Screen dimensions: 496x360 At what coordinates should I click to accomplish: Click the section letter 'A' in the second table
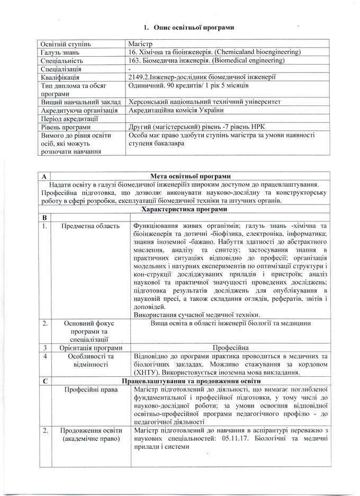pyautogui.click(x=43, y=176)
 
